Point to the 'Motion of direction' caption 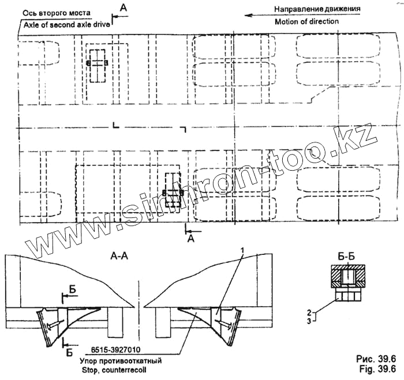coord(306,21)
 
